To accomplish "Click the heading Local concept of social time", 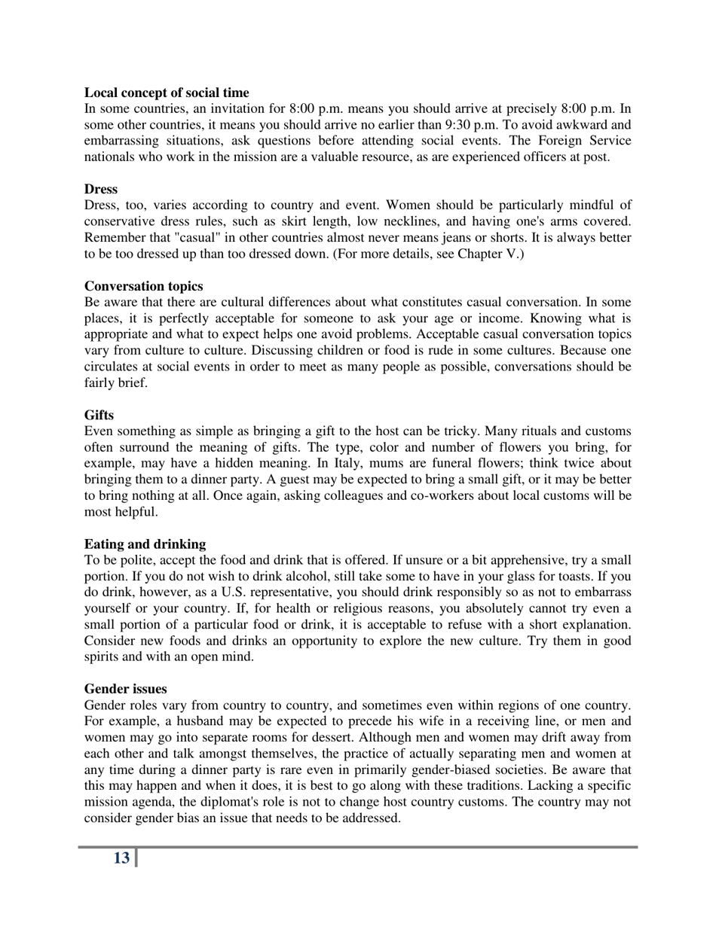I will pos(166,93).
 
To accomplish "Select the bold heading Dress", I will pos(100,189).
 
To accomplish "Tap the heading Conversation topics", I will pos(143,286).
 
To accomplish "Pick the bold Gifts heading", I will pos(99,415).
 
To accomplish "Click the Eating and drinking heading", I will pos(145,544).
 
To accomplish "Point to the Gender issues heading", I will pos(125,689).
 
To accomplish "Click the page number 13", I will pos(121,858).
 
